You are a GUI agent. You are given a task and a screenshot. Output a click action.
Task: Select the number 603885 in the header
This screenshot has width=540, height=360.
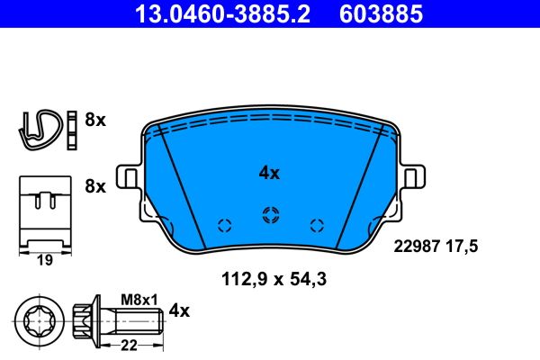(380, 14)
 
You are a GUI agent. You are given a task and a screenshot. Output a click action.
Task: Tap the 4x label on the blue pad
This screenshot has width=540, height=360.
(268, 173)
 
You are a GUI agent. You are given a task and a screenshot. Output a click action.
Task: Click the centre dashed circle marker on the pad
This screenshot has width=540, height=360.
(268, 214)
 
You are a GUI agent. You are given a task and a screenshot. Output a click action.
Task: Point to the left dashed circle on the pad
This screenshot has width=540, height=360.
(224, 225)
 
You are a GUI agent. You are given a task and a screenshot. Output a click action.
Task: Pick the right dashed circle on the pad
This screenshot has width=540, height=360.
(315, 225)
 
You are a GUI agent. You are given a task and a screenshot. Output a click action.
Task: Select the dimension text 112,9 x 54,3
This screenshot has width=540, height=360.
(273, 280)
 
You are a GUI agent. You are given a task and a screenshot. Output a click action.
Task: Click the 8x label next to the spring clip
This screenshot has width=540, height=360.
(94, 121)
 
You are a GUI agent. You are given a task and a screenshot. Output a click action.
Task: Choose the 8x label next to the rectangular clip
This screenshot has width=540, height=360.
(94, 187)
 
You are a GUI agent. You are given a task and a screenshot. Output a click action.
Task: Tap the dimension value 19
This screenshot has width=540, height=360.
(42, 261)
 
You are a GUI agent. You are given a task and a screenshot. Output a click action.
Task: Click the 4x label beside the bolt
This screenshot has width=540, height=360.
(180, 311)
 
